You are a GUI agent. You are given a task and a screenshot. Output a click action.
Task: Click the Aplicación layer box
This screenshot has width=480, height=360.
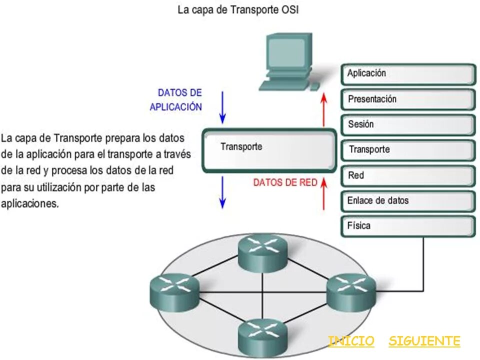pyautogui.click(x=407, y=74)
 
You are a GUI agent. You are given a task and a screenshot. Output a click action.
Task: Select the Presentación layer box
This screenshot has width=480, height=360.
pyautogui.click(x=407, y=99)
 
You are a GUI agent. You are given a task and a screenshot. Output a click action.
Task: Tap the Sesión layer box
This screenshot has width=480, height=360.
pyautogui.click(x=407, y=125)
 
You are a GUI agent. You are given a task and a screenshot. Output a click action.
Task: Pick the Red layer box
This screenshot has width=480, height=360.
pyautogui.click(x=407, y=176)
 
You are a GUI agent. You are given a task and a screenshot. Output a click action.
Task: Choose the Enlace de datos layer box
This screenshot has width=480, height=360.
pyautogui.click(x=407, y=201)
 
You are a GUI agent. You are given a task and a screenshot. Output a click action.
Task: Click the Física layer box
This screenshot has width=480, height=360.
pyautogui.click(x=407, y=226)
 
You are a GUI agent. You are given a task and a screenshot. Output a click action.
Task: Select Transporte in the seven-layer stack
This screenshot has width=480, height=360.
pyautogui.click(x=407, y=150)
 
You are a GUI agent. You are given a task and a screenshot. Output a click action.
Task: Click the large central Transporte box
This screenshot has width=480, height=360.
pyautogui.click(x=269, y=150)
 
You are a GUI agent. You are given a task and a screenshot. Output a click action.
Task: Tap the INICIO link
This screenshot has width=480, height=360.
pyautogui.click(x=351, y=341)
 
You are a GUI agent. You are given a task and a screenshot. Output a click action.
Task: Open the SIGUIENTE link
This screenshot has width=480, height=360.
pyautogui.click(x=424, y=341)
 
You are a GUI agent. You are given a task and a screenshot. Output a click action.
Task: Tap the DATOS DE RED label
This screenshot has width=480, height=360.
pyautogui.click(x=285, y=183)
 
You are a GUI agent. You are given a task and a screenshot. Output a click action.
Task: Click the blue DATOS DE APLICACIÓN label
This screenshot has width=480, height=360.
pyautogui.click(x=176, y=100)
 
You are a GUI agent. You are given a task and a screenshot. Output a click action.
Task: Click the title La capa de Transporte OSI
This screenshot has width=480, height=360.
pyautogui.click(x=238, y=10)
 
